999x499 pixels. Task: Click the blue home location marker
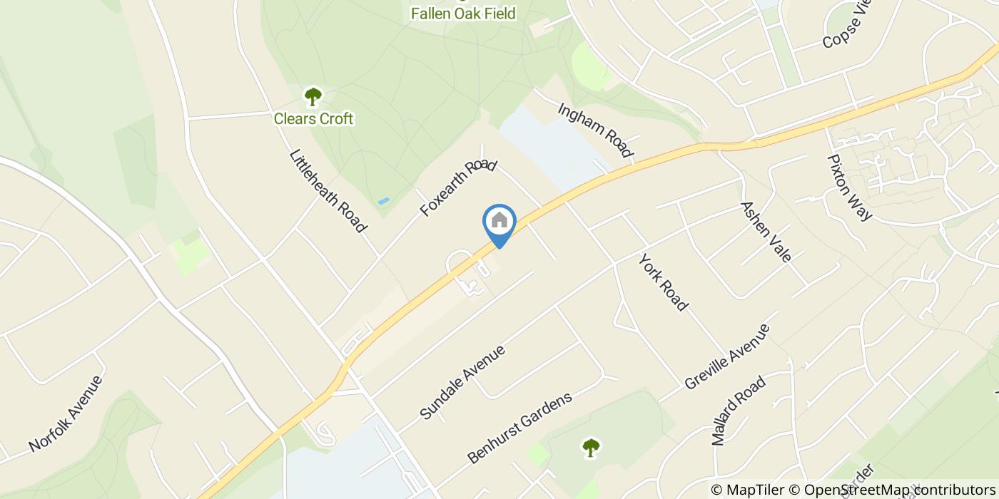pyautogui.click(x=499, y=222)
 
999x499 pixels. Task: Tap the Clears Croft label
pyautogui.click(x=313, y=118)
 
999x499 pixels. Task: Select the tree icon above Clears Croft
pyautogui.click(x=313, y=96)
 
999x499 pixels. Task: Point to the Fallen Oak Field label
pyautogui.click(x=462, y=13)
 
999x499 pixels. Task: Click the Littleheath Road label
pyautogui.click(x=328, y=190)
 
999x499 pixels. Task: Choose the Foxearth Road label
pyautogui.click(x=457, y=188)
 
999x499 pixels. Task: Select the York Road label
pyautogui.click(x=663, y=282)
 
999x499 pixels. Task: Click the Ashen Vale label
pyautogui.click(x=766, y=231)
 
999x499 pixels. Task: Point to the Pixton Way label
pyautogui.click(x=849, y=187)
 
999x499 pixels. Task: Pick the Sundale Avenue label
pyautogui.click(x=462, y=382)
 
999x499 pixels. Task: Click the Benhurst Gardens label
pyautogui.click(x=519, y=428)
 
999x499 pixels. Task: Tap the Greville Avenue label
pyautogui.click(x=727, y=356)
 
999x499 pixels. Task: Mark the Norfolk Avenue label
pyautogui.click(x=66, y=413)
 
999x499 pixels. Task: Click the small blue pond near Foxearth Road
pyautogui.click(x=384, y=202)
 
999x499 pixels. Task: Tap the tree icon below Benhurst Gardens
pyautogui.click(x=590, y=448)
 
